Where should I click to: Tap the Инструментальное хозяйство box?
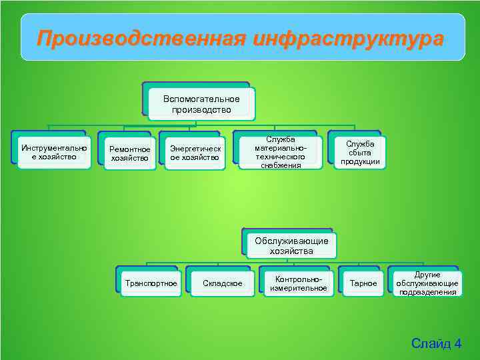coord(54,152)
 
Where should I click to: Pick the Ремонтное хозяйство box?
coord(130,153)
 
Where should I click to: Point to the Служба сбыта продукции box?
coord(360,152)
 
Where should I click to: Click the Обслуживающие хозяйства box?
coord(291,246)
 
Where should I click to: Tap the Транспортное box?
coord(151,283)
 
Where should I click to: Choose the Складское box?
coord(223,283)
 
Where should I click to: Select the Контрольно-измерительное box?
coord(298,283)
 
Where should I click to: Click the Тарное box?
coord(363,283)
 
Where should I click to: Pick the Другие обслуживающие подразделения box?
coord(427,283)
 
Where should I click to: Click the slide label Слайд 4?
coord(436,343)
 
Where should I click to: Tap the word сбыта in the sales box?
coord(360,153)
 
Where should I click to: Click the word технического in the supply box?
coord(281,157)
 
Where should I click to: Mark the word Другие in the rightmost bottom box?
coord(427,275)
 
